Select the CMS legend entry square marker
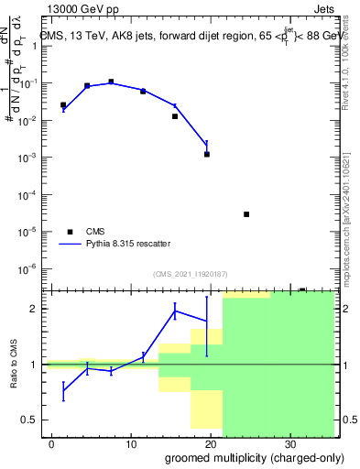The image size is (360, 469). point(70,231)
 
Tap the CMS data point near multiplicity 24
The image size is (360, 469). point(246,214)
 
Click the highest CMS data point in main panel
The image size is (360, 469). point(111,82)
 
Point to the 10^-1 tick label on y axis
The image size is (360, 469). point(30,83)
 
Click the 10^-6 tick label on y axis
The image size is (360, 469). point(30,268)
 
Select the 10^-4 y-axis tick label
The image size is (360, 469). point(30,194)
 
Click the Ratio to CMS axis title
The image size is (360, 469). point(14,364)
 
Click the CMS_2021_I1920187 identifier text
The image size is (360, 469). point(189,275)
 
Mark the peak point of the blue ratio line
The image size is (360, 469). point(175,311)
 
